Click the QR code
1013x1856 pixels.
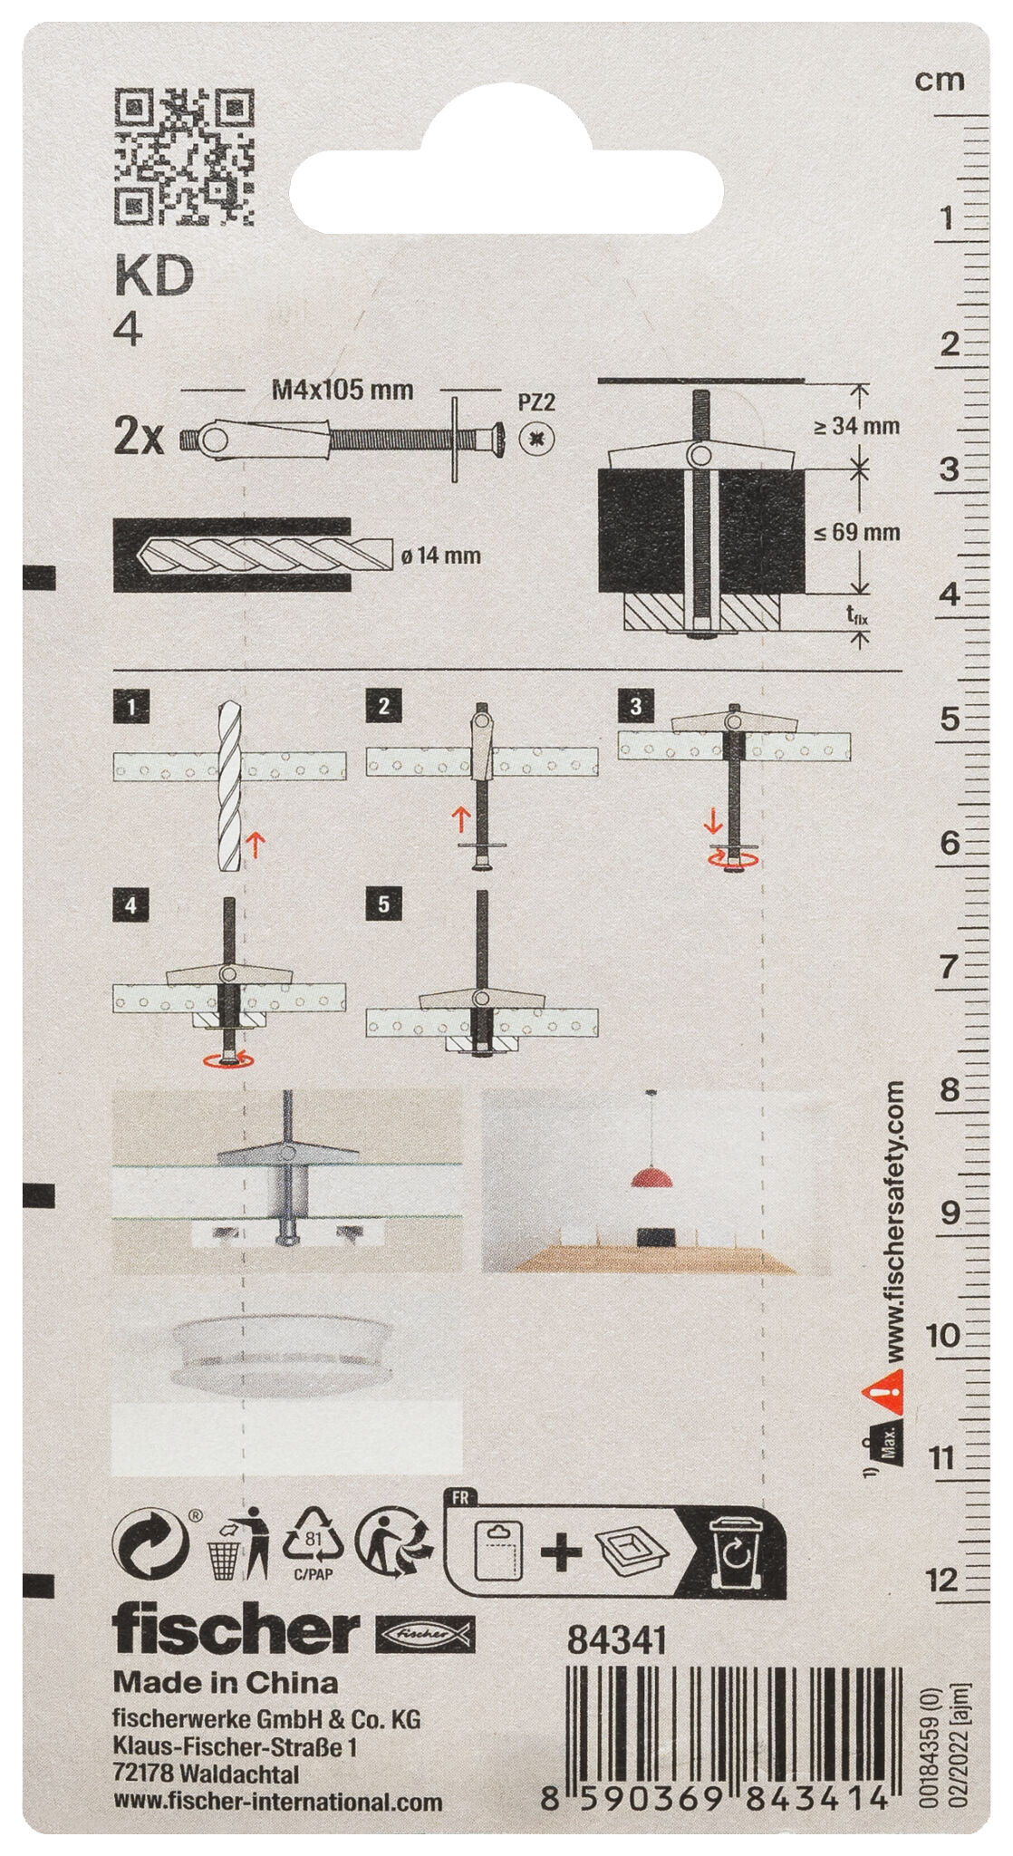pyautogui.click(x=183, y=155)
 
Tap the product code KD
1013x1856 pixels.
pyautogui.click(x=154, y=278)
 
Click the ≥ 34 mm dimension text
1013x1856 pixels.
pyautogui.click(x=855, y=425)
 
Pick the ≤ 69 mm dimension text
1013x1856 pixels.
pyautogui.click(x=855, y=532)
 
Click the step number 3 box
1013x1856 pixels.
pyautogui.click(x=634, y=707)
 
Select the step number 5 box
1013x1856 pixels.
pyautogui.click(x=383, y=905)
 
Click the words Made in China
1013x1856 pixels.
pyautogui.click(x=226, y=1683)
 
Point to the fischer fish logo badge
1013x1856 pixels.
pyautogui.click(x=425, y=1633)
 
